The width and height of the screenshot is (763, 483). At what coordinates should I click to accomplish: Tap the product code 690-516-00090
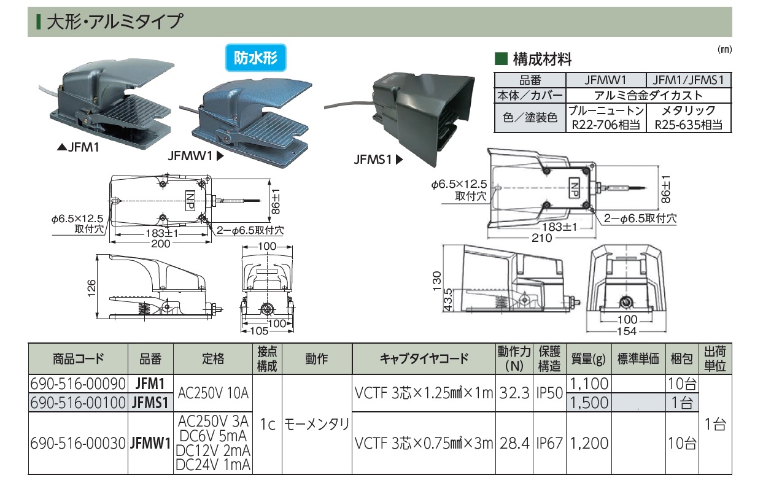(77, 384)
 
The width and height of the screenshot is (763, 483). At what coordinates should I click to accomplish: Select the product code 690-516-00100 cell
(77, 403)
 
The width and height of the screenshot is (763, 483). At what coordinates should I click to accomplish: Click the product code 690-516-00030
(77, 442)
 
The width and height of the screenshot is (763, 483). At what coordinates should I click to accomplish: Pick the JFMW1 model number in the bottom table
(150, 442)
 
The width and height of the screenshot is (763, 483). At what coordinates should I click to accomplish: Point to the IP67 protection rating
(549, 442)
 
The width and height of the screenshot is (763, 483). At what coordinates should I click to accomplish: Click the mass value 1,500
(589, 403)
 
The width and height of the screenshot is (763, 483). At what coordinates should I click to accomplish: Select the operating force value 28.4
(514, 442)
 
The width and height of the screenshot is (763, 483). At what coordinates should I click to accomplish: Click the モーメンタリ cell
(316, 424)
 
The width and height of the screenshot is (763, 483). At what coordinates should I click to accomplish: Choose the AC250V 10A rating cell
(213, 393)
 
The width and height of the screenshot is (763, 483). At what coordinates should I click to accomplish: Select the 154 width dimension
(626, 331)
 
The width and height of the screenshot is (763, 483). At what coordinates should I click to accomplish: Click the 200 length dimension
(161, 244)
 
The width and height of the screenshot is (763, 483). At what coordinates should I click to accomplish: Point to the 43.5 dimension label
(449, 300)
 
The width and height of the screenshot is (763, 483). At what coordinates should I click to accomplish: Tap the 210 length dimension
(541, 238)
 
